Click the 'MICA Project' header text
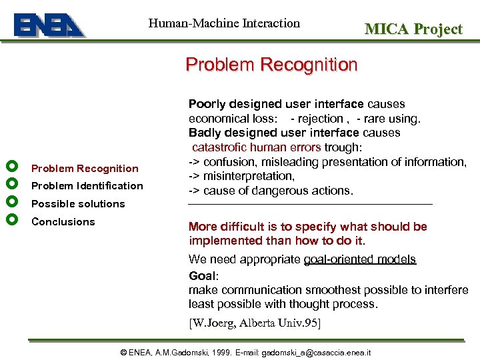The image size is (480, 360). [413, 29]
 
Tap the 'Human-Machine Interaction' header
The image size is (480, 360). [224, 23]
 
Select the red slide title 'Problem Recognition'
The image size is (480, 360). [271, 65]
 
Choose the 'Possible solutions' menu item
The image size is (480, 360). [78, 204]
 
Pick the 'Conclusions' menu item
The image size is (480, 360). [63, 222]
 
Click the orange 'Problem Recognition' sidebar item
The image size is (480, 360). [85, 169]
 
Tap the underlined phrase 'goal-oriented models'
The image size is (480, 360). [359, 259]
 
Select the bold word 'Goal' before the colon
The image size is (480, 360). [202, 275]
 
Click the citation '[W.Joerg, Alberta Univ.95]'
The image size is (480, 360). [255, 323]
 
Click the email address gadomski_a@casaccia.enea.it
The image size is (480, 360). [317, 352]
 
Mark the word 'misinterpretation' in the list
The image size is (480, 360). [249, 176]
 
